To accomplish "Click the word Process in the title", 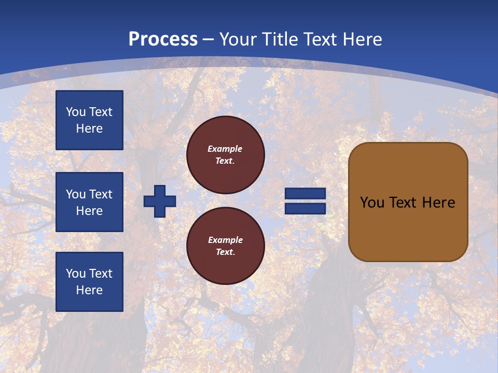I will pyautogui.click(x=163, y=39).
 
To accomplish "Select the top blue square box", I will pyautogui.click(x=89, y=120).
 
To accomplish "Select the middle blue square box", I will pyautogui.click(x=89, y=202).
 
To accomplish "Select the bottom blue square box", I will pyautogui.click(x=89, y=282).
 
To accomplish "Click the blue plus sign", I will pyautogui.click(x=160, y=201).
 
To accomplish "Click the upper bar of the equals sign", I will pyautogui.click(x=305, y=193).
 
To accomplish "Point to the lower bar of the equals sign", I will pyautogui.click(x=305, y=208).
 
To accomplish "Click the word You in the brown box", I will pyautogui.click(x=371, y=203).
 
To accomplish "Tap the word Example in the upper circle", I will pyautogui.click(x=225, y=149).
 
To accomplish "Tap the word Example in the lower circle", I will pyautogui.click(x=225, y=240).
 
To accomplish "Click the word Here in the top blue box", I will pyautogui.click(x=89, y=128).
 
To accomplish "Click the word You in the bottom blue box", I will pyautogui.click(x=76, y=274).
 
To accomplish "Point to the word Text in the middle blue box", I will pyautogui.click(x=101, y=194).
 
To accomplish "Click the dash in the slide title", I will pyautogui.click(x=209, y=39).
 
